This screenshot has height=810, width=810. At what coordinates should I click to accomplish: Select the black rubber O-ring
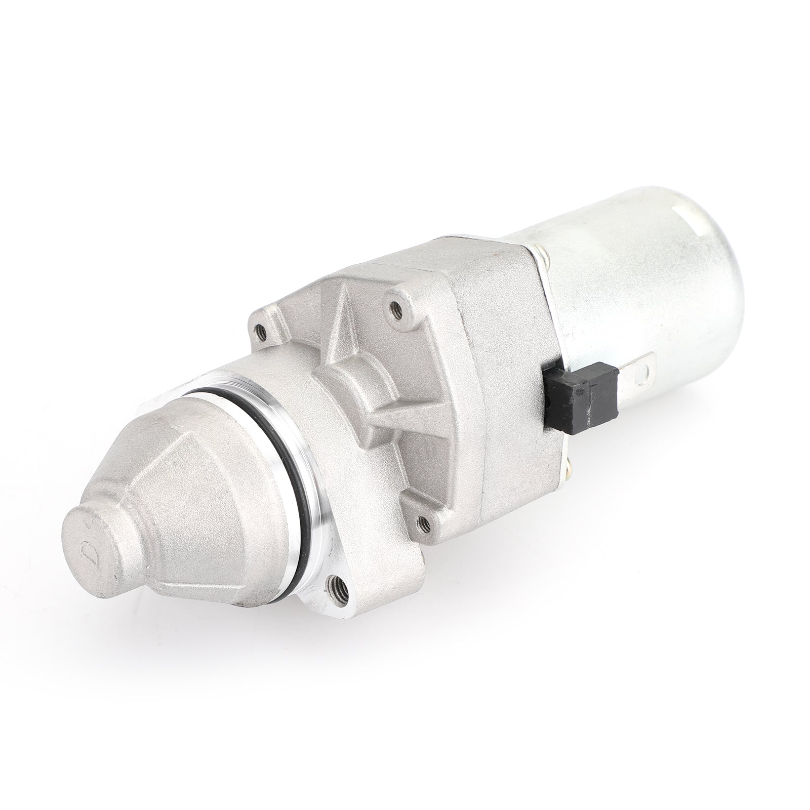(x=263, y=430)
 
